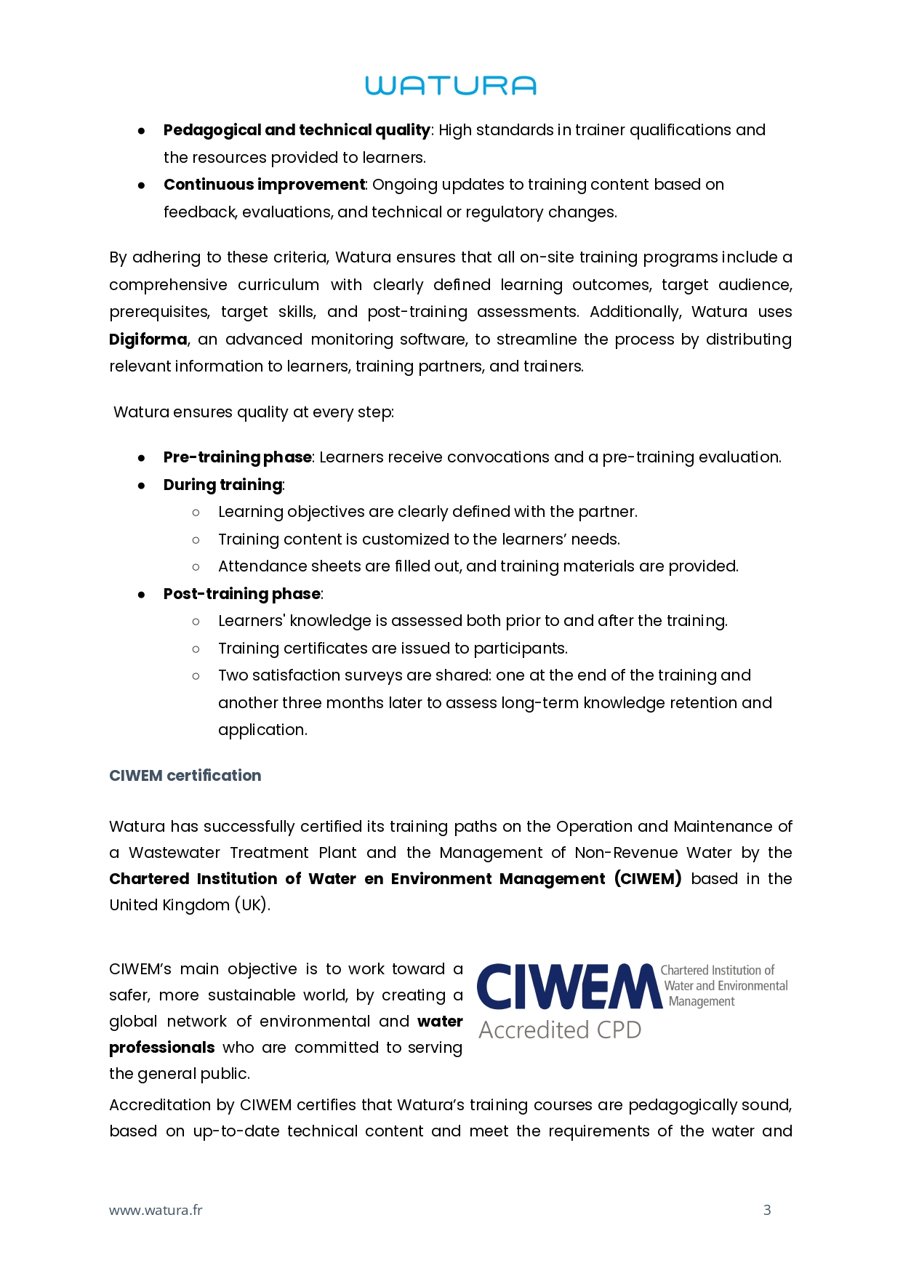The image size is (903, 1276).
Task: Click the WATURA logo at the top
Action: coord(451,86)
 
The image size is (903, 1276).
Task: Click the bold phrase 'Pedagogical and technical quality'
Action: coord(297,130)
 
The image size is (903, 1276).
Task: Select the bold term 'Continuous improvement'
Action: coord(264,185)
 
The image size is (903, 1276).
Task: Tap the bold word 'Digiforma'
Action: coord(148,340)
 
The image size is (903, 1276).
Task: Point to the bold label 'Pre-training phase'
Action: coord(238,457)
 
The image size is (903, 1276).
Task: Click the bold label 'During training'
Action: coord(222,485)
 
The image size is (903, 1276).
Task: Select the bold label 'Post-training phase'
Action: coord(242,594)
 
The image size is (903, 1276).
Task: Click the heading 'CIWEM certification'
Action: coord(185,776)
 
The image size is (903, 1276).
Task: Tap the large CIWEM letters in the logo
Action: coord(568,987)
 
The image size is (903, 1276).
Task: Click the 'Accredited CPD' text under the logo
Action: coord(560,1030)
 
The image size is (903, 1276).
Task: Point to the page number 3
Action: coord(767,1210)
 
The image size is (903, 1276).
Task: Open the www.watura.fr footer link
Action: coord(156,1211)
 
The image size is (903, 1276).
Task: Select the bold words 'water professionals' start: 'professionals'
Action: coord(162,1048)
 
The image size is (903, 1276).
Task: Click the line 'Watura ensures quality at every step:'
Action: coord(254,412)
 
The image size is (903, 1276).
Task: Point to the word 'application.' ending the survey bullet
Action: coord(262,730)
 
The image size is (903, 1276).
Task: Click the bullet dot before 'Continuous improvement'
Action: coord(142,185)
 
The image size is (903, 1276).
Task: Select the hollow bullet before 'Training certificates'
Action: coord(196,649)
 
